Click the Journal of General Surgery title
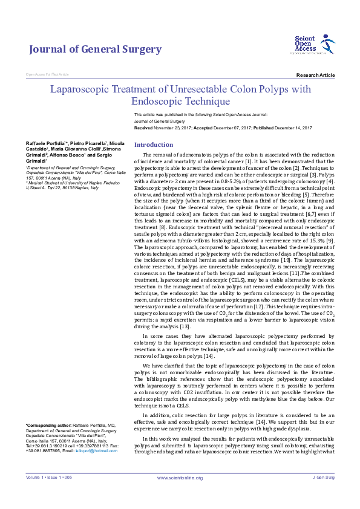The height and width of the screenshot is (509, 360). [x=96, y=50]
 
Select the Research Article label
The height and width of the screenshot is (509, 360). [x=315, y=75]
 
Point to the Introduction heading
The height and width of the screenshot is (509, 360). [x=154, y=145]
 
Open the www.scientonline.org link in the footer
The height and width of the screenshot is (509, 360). [x=180, y=494]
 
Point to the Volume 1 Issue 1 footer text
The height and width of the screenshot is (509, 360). [x=48, y=494]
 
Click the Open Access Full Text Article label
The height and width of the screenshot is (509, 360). [x=47, y=74]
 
